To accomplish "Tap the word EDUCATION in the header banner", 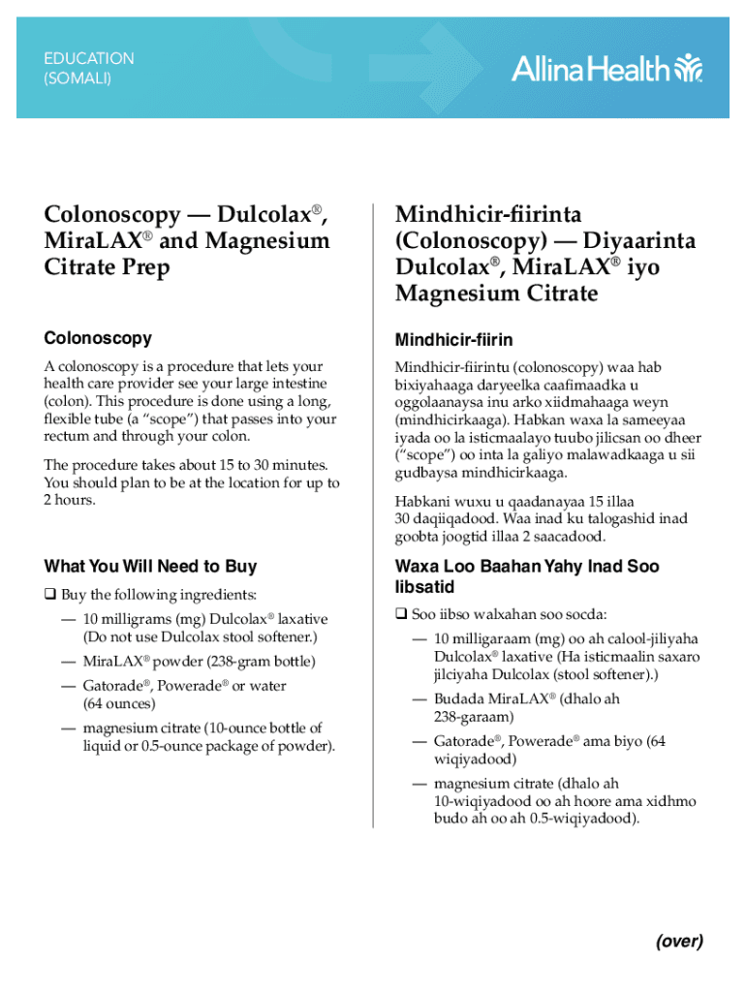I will tap(89, 58).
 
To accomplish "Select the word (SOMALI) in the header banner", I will tap(78, 78).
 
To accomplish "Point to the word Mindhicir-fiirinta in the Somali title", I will tap(488, 214).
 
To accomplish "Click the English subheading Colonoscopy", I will tap(98, 338).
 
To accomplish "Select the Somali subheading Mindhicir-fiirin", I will tap(453, 340).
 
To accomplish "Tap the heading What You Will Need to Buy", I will tap(150, 567).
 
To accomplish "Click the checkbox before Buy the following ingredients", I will tap(49, 594).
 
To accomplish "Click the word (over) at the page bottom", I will tap(678, 941).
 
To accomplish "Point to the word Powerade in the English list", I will tap(191, 686).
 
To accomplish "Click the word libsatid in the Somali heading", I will tap(423, 587).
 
